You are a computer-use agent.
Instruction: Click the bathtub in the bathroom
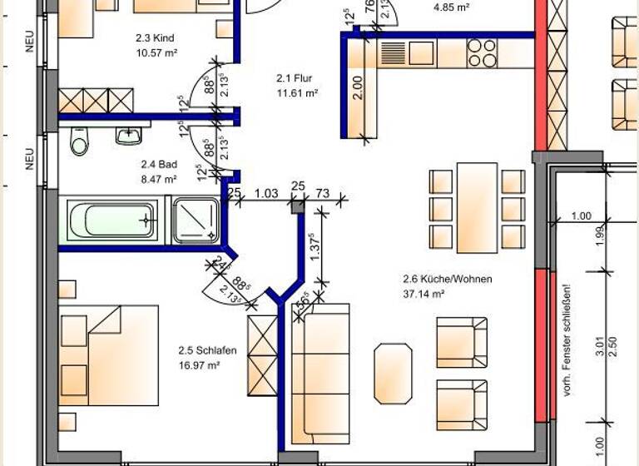pos(111,220)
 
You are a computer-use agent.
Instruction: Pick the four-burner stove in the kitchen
pos(482,53)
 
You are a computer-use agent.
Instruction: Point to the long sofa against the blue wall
pos(320,374)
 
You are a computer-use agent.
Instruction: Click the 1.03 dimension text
pos(265,194)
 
